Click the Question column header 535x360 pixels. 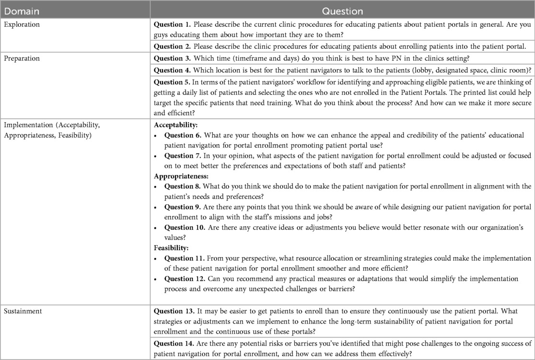[342, 11]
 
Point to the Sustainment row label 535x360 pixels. [22, 311]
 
